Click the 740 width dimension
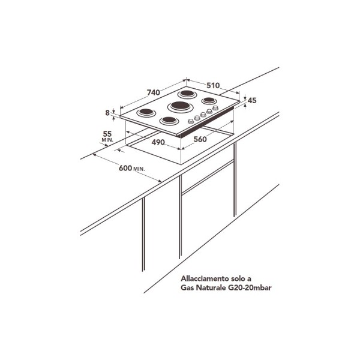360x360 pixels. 154,92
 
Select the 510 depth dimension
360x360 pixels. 213,85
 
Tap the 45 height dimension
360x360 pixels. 252,100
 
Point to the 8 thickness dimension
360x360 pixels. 107,113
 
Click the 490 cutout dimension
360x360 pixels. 158,142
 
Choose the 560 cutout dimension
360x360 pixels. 200,139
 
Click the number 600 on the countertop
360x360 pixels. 125,168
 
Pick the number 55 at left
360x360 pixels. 107,134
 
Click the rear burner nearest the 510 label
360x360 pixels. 187,94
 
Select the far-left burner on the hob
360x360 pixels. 146,113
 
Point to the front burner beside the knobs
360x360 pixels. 169,121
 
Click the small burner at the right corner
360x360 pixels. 209,100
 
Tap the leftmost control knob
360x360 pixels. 191,121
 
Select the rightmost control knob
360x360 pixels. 215,107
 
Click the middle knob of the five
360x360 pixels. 203,115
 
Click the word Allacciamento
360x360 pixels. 203,278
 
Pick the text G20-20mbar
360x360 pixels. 250,287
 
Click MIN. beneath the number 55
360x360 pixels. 107,140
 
